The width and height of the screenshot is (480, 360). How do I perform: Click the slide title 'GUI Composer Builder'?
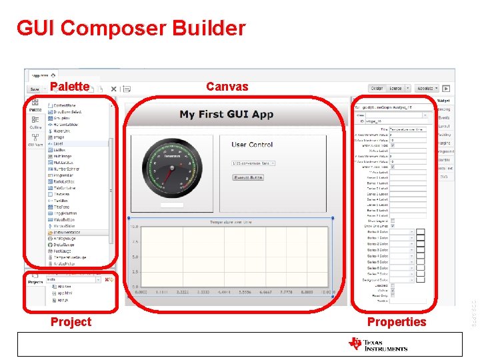coord(131,29)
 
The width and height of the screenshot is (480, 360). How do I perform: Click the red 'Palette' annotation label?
coord(69,86)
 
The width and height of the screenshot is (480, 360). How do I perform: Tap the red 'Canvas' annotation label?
coord(227,86)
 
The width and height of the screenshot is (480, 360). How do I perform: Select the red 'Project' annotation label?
coord(71,322)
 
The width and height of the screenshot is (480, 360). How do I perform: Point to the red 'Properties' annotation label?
coord(396,322)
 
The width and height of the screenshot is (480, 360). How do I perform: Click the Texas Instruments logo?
coord(377,344)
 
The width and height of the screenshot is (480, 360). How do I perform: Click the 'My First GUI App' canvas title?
coord(227,114)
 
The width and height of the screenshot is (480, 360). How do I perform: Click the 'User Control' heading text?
coord(252,144)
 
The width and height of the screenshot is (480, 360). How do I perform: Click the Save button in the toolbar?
coord(34,89)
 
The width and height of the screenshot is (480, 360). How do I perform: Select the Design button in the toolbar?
coord(377,88)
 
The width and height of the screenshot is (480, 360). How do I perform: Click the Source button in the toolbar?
coord(395,88)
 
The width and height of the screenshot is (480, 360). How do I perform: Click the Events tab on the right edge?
coord(444,117)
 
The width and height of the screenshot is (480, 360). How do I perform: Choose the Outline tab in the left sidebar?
coord(35,127)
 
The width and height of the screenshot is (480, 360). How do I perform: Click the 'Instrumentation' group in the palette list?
coord(71,233)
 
